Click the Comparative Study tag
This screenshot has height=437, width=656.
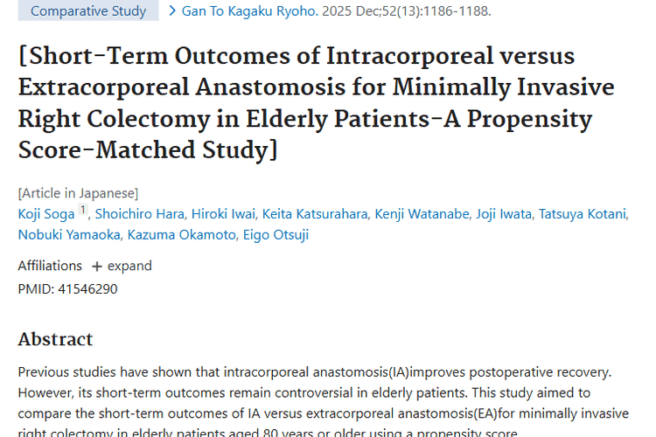coord(88,11)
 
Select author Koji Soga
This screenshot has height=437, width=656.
coord(46,214)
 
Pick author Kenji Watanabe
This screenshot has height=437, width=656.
coord(419,214)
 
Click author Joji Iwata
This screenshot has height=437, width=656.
coord(504,214)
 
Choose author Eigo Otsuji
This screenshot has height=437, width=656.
coord(272,234)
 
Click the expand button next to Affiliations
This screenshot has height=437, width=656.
coord(122,266)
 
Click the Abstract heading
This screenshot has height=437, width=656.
coord(55,339)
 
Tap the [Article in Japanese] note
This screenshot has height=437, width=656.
coord(78,193)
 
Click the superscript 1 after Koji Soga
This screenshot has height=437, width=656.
coord(83,210)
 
